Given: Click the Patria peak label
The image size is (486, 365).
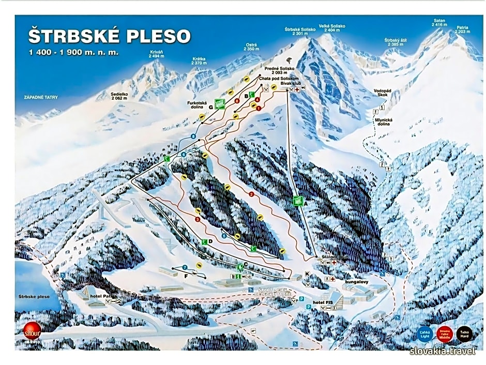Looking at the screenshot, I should coord(462,29).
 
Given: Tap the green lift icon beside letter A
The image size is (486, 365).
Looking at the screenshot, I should coord(298,202).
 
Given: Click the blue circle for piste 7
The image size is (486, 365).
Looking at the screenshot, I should coord(185,267).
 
